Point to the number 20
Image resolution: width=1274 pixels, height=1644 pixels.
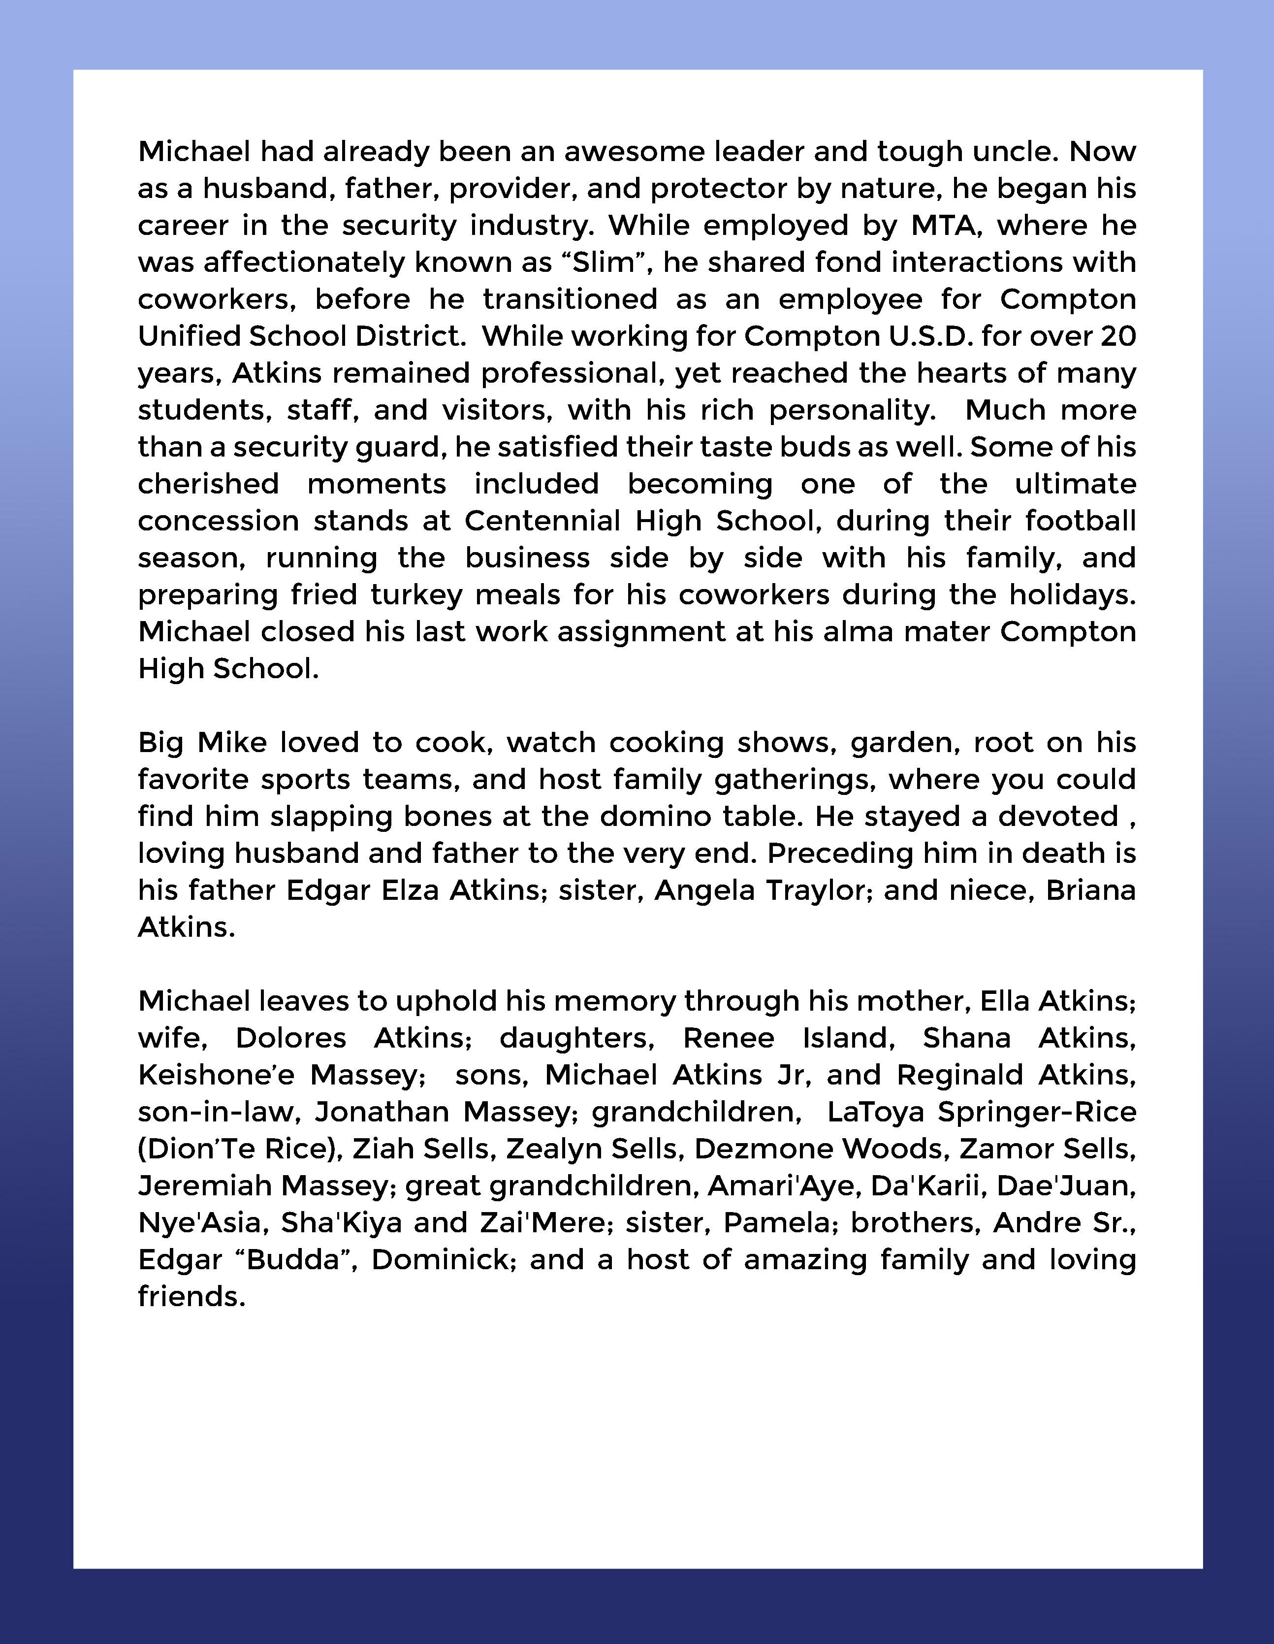(x=1117, y=336)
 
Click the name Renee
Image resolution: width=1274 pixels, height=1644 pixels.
(x=729, y=1038)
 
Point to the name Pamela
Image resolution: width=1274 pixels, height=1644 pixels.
(x=779, y=1222)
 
